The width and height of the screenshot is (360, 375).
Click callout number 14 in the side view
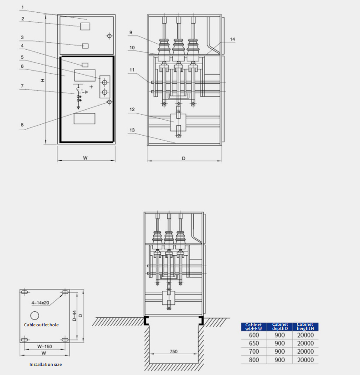(232, 39)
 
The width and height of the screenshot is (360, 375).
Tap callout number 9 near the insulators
(130, 32)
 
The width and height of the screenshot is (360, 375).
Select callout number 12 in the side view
(132, 109)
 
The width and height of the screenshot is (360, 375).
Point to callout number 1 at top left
(23, 7)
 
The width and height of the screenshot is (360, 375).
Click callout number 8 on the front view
(22, 125)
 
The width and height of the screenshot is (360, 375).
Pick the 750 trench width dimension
(174, 351)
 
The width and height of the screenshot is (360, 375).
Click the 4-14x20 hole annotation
(40, 303)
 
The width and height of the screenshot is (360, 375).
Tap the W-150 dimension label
(45, 346)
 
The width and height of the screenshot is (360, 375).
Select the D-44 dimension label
(75, 316)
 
